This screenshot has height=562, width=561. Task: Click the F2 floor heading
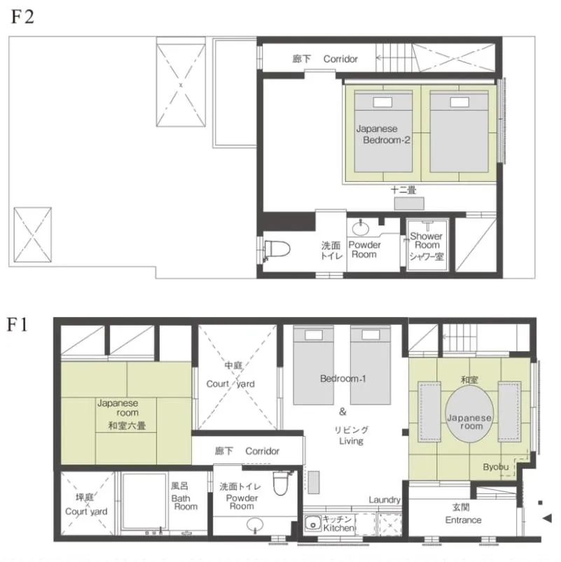pyautogui.click(x=22, y=17)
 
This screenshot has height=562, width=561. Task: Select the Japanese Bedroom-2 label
pyautogui.click(x=382, y=134)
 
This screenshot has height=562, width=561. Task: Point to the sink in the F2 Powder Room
pyautogui.click(x=361, y=228)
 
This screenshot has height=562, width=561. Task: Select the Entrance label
pyautogui.click(x=463, y=520)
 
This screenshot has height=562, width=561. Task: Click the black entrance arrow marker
pyautogui.click(x=548, y=518)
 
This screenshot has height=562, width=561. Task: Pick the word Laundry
pyautogui.click(x=385, y=500)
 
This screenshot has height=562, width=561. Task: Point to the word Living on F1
pyautogui.click(x=350, y=442)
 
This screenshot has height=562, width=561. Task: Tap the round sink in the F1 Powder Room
pyautogui.click(x=256, y=525)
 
